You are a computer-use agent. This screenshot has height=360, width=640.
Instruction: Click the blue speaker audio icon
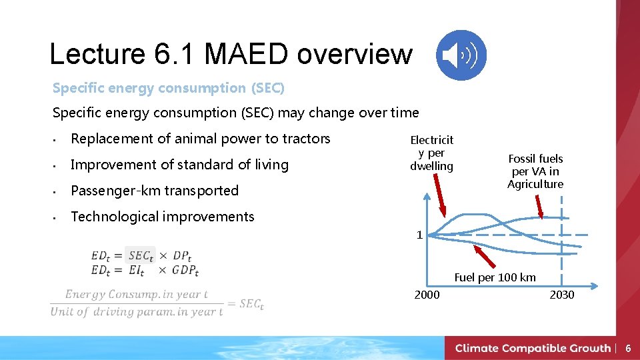coord(461,55)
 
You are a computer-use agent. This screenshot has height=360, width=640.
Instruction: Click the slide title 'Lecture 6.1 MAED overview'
coord(231,54)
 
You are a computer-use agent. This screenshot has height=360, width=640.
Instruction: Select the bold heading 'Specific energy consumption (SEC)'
coord(168,88)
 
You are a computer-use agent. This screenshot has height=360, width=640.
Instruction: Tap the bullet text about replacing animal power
coord(200,139)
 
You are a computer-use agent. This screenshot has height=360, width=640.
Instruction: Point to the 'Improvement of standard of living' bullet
coord(179,165)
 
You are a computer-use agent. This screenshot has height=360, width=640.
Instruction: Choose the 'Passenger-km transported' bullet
coord(154,191)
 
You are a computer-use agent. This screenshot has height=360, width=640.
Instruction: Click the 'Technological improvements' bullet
coord(162,217)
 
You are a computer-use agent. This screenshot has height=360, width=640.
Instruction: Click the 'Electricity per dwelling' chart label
coord(431,153)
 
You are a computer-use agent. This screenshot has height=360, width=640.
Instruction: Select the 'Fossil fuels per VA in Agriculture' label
coord(535,171)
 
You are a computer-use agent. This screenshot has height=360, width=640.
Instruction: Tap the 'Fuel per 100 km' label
coord(495,277)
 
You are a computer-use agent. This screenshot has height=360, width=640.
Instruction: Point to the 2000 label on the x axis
coord(427,295)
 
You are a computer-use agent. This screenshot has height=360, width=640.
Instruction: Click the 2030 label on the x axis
coord(561,295)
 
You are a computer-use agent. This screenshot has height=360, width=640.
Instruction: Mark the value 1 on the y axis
coord(419,235)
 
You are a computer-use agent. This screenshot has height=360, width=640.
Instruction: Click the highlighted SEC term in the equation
coord(141,255)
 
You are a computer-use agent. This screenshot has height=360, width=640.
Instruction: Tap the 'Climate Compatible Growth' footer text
coord(533,348)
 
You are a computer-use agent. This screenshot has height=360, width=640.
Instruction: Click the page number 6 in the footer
coord(627,348)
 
